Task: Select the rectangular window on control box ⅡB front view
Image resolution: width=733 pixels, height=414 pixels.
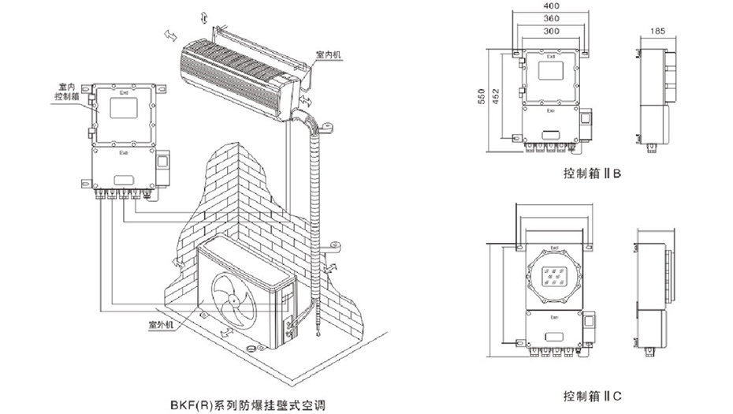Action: coord(552,72)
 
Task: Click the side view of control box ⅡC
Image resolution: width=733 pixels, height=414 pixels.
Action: coord(657,296)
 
